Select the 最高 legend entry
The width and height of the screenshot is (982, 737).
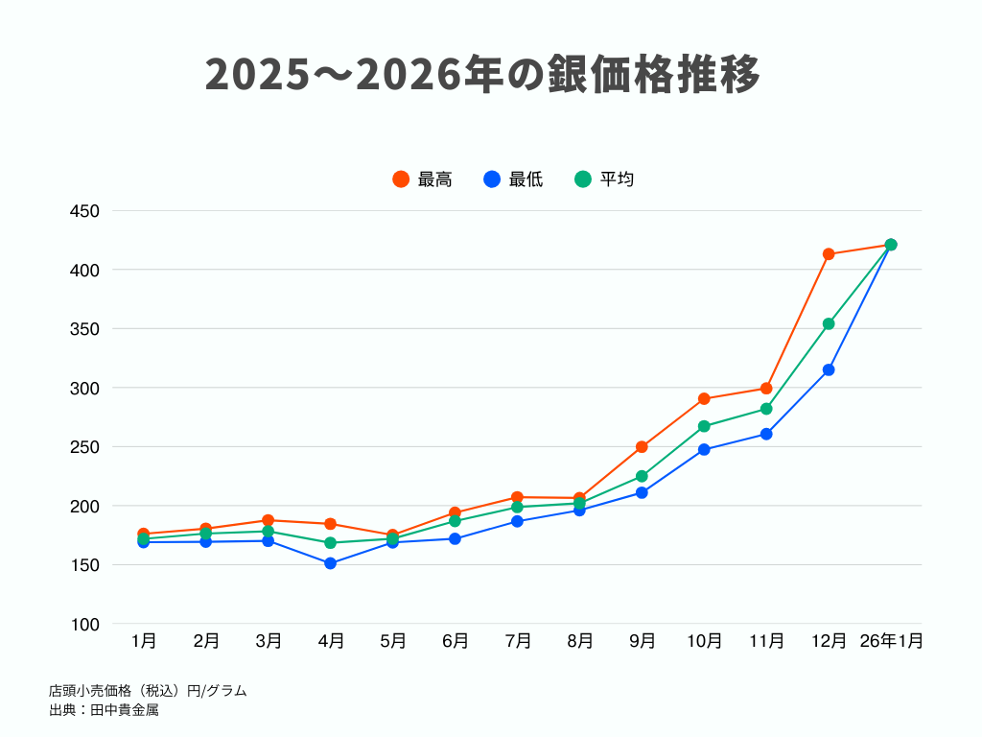pyautogui.click(x=422, y=179)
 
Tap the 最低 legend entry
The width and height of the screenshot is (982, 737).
pyautogui.click(x=513, y=179)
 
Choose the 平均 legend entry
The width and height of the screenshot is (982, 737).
pyautogui.click(x=604, y=179)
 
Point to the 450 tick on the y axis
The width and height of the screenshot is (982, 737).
pyautogui.click(x=85, y=211)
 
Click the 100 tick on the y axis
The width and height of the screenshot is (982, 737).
pyautogui.click(x=85, y=625)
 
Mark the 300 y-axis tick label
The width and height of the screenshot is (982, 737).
pyautogui.click(x=85, y=389)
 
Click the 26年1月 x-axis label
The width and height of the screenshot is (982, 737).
pyautogui.click(x=891, y=641)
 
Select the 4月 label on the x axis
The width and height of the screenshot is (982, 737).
pyautogui.click(x=330, y=641)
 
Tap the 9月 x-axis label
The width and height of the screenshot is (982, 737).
pyautogui.click(x=642, y=641)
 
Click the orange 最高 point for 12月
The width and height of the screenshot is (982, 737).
pyautogui.click(x=829, y=254)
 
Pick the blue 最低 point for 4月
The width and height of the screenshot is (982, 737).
pyautogui.click(x=330, y=563)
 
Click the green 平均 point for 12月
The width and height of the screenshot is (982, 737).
pyautogui.click(x=829, y=323)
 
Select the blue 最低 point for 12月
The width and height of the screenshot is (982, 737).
pyautogui.click(x=829, y=369)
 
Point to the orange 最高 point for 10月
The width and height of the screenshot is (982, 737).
pyautogui.click(x=704, y=398)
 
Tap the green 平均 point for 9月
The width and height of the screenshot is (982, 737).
pyautogui.click(x=642, y=476)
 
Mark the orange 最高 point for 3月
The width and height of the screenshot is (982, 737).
pyautogui.click(x=268, y=520)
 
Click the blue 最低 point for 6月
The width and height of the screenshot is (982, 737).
pyautogui.click(x=455, y=538)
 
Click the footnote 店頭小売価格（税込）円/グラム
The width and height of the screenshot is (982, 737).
pyautogui.click(x=148, y=691)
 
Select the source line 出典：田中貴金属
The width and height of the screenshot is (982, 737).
pyautogui.click(x=104, y=710)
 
